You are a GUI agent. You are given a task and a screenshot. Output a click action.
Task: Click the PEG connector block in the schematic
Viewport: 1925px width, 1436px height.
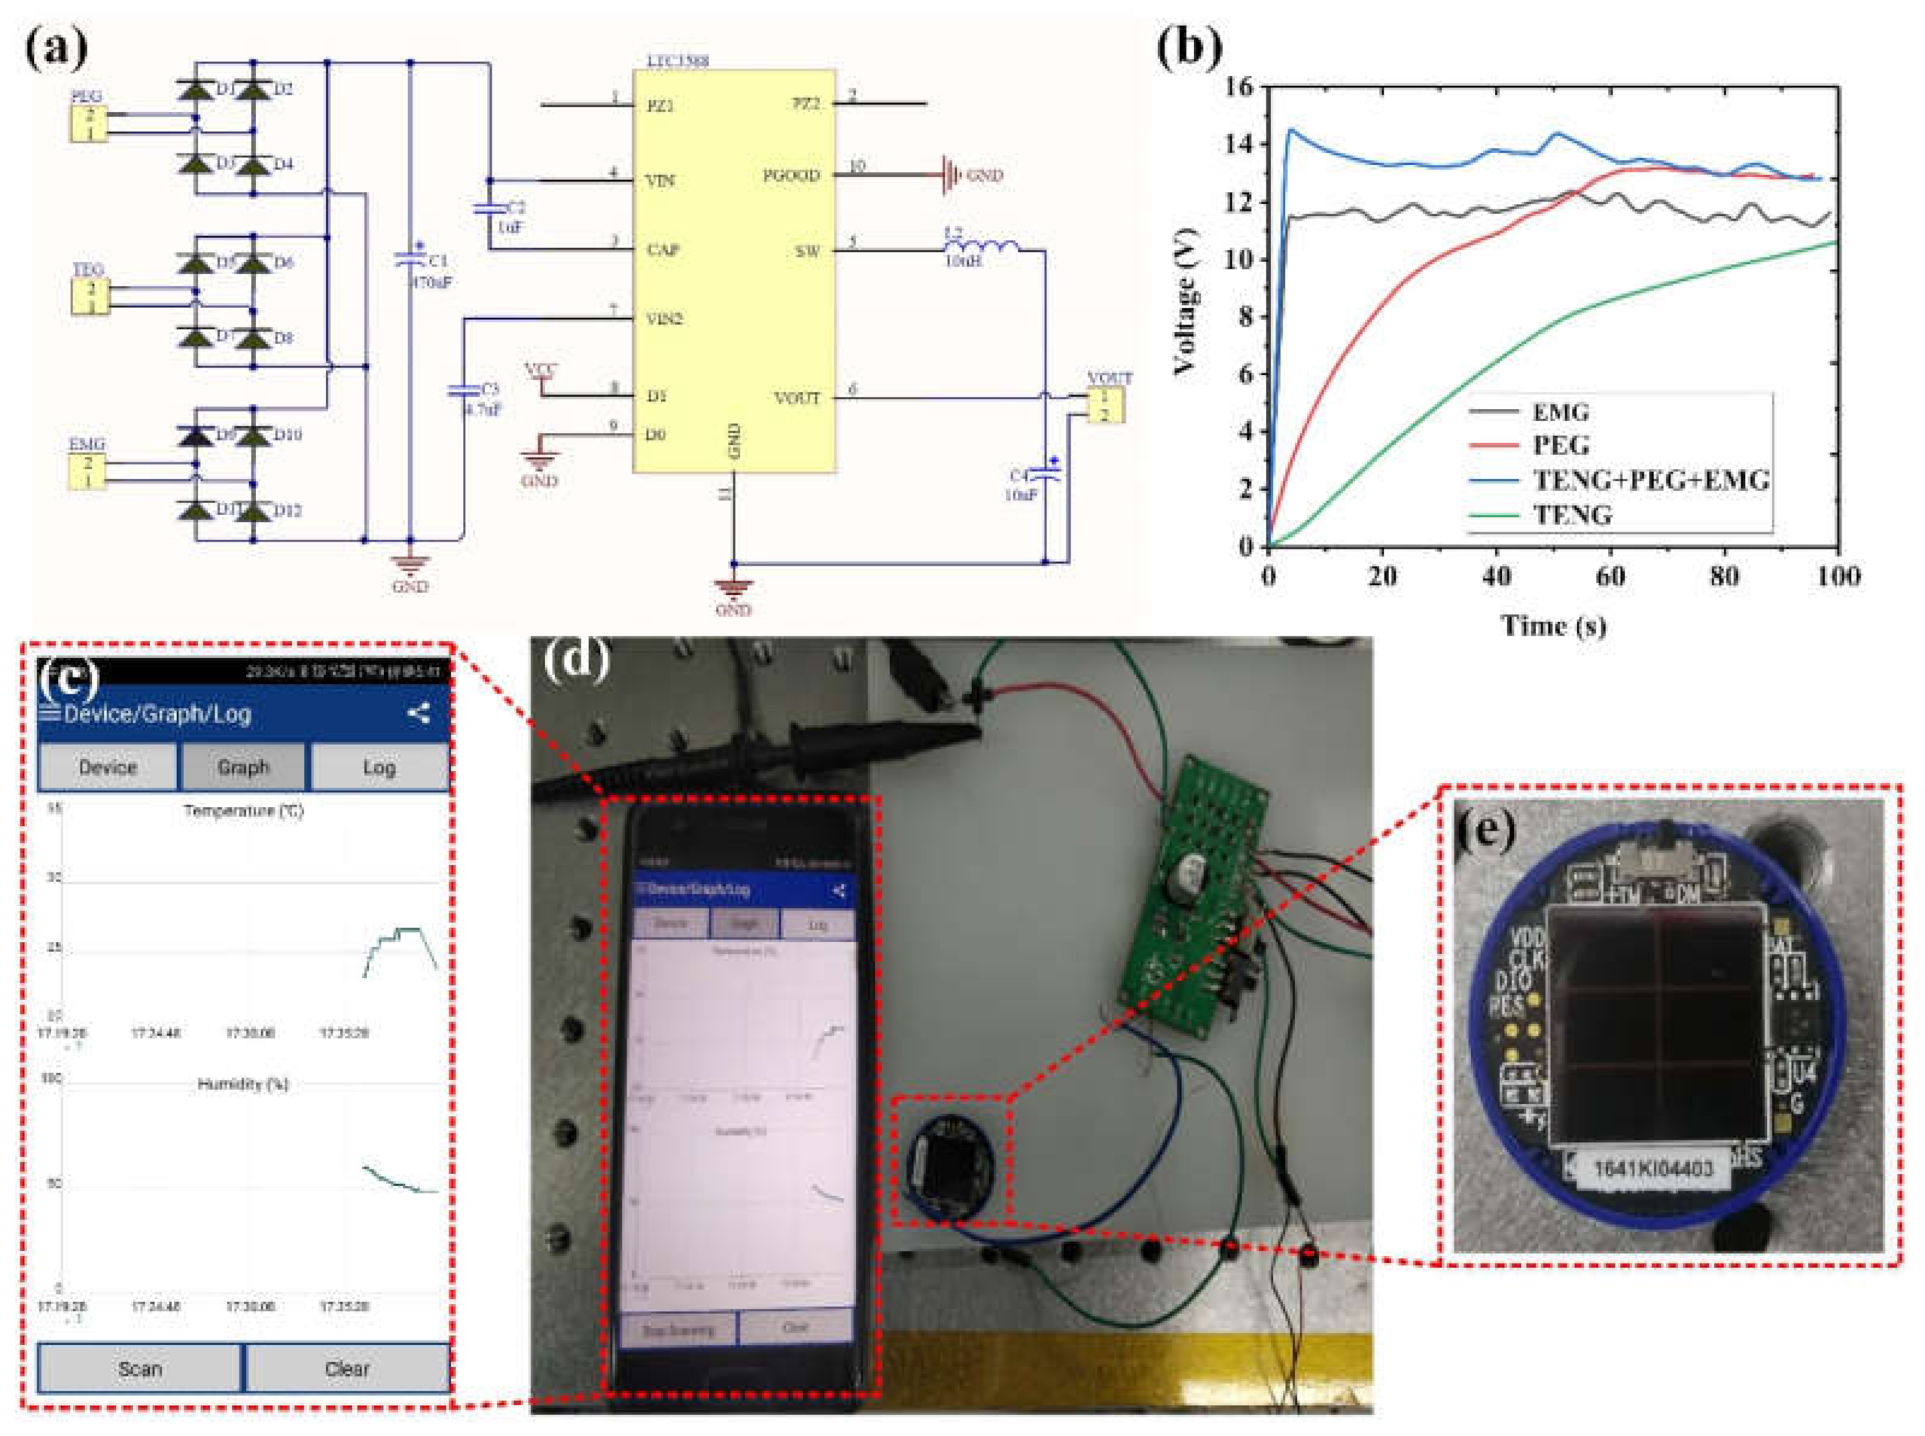[x=89, y=124]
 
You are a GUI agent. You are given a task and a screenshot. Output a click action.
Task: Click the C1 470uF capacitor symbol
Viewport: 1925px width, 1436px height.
[x=410, y=259]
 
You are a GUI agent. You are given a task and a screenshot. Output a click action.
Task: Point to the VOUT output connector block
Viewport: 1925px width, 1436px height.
[x=1104, y=405]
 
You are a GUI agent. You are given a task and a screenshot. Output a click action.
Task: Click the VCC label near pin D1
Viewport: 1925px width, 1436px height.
[x=541, y=370]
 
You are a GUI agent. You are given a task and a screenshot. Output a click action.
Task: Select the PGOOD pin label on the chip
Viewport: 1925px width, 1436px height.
[x=791, y=176]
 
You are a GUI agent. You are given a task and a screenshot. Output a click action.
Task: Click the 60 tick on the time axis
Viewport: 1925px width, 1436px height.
[x=1610, y=576]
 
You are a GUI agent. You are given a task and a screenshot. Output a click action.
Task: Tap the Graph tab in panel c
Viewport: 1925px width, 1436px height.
[x=243, y=767]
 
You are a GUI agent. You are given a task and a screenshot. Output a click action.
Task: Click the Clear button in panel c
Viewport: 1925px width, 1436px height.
[x=347, y=1369]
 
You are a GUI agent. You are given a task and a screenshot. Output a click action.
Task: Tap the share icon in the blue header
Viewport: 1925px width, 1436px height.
[x=419, y=715]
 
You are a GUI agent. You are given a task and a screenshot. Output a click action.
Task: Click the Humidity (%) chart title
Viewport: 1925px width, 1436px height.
[x=242, y=1084]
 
